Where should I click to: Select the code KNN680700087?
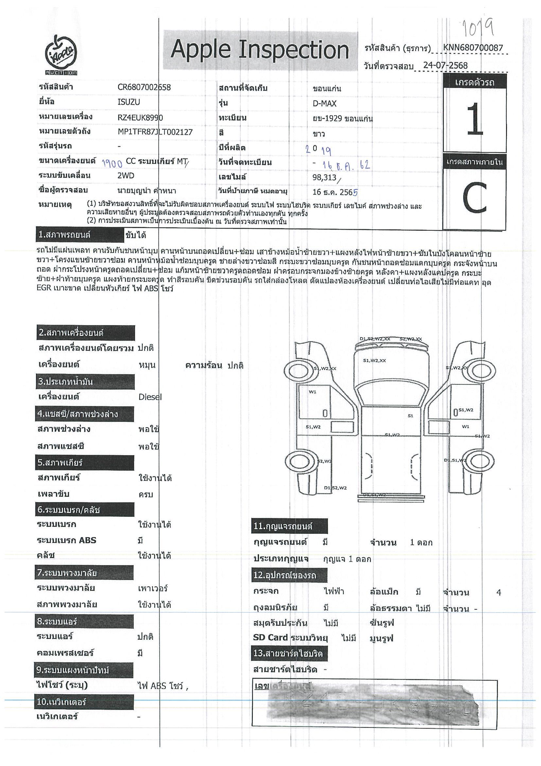(x=473, y=48)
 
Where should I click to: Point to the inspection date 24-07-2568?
(x=445, y=65)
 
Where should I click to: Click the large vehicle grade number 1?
(x=475, y=119)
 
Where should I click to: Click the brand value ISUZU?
(x=129, y=102)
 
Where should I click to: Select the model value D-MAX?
(x=324, y=103)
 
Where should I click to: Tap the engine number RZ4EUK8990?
(x=140, y=117)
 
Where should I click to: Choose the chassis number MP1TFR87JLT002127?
(x=155, y=132)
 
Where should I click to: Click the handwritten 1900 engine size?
(x=112, y=163)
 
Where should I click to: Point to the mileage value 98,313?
(x=324, y=178)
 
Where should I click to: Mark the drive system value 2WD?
(x=126, y=176)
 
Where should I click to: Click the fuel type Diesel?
(x=150, y=397)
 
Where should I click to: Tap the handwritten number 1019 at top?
(x=478, y=29)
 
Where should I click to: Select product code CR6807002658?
(x=144, y=87)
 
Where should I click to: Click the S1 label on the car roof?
(x=410, y=416)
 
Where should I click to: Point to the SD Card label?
(x=270, y=637)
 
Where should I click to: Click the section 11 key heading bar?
(x=289, y=526)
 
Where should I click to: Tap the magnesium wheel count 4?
(x=499, y=593)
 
